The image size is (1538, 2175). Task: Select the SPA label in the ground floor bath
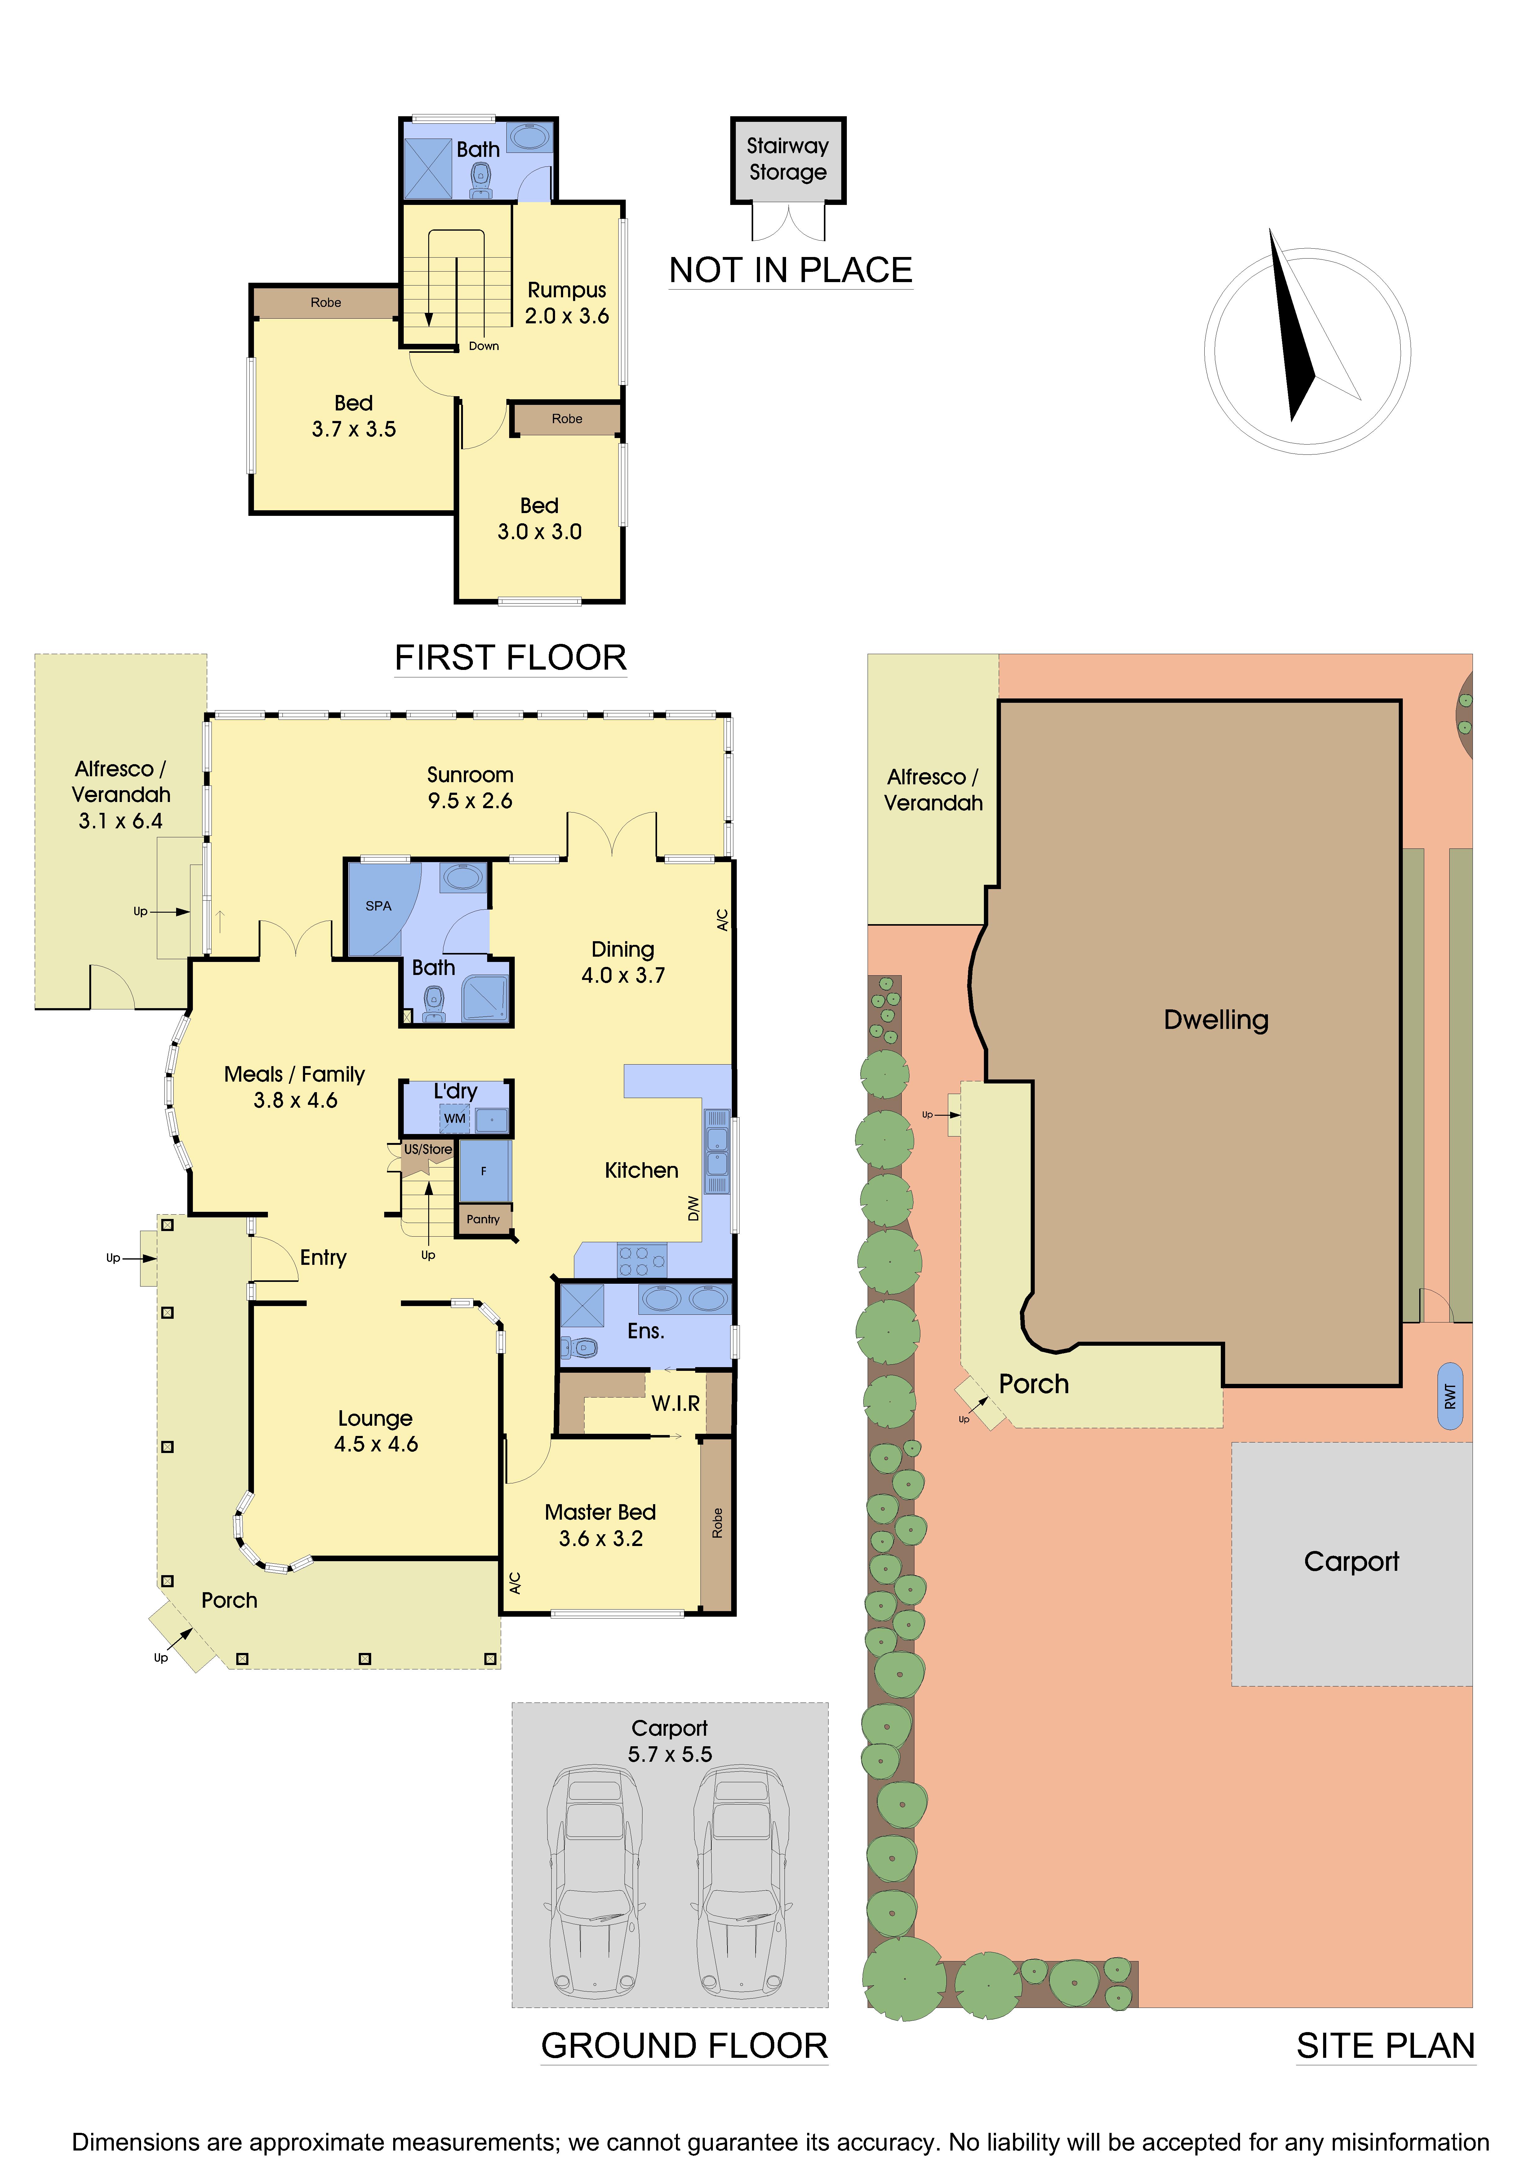(378, 906)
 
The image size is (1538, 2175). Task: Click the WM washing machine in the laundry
(455, 1119)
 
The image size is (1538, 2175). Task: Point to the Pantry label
(483, 1219)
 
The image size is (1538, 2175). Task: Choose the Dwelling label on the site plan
(1216, 1020)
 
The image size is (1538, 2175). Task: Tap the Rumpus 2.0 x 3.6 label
(567, 302)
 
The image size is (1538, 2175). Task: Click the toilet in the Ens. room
(581, 1346)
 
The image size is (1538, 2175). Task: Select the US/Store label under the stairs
(428, 1149)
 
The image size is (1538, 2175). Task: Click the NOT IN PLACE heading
(790, 271)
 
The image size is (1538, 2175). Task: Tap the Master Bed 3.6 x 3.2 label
(600, 1525)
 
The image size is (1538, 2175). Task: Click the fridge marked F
(483, 1171)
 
